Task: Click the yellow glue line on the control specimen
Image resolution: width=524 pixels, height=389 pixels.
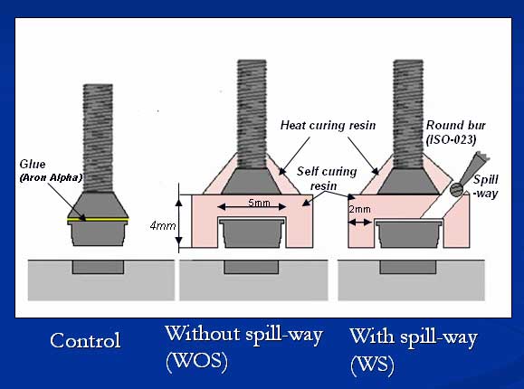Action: pyautogui.click(x=98, y=220)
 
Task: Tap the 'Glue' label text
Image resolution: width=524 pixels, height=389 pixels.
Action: pyautogui.click(x=33, y=164)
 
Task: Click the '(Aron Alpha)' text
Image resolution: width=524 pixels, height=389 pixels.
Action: pyautogui.click(x=51, y=177)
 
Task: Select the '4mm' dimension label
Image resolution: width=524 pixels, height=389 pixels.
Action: pyautogui.click(x=163, y=226)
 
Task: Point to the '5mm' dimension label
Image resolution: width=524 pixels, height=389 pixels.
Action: pyautogui.click(x=259, y=203)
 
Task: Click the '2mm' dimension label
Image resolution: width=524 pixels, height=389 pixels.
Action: pyautogui.click(x=359, y=209)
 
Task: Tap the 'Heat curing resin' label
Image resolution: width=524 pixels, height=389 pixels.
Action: pyautogui.click(x=328, y=126)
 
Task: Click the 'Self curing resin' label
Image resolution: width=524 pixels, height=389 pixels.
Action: pyautogui.click(x=327, y=178)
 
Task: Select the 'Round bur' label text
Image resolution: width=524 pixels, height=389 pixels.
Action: pyautogui.click(x=455, y=126)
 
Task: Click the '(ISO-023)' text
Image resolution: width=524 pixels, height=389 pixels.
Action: pyautogui.click(x=452, y=139)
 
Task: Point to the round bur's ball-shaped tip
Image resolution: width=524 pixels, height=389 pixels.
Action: pyautogui.click(x=457, y=190)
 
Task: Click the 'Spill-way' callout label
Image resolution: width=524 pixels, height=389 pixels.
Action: pyautogui.click(x=486, y=186)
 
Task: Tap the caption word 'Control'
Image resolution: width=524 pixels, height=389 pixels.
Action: pyautogui.click(x=85, y=340)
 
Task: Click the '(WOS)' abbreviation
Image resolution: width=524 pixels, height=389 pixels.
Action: pyautogui.click(x=196, y=362)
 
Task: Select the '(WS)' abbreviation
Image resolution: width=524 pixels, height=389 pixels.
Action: pyautogui.click(x=372, y=365)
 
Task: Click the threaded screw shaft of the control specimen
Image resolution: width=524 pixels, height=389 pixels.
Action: pyautogui.click(x=98, y=138)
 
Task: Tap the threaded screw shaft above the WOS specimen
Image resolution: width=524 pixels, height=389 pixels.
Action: pyautogui.click(x=252, y=114)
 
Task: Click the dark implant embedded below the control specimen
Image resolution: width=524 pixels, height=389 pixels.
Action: pyautogui.click(x=99, y=267)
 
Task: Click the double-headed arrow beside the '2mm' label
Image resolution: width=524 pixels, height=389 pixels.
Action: pyautogui.click(x=359, y=222)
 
